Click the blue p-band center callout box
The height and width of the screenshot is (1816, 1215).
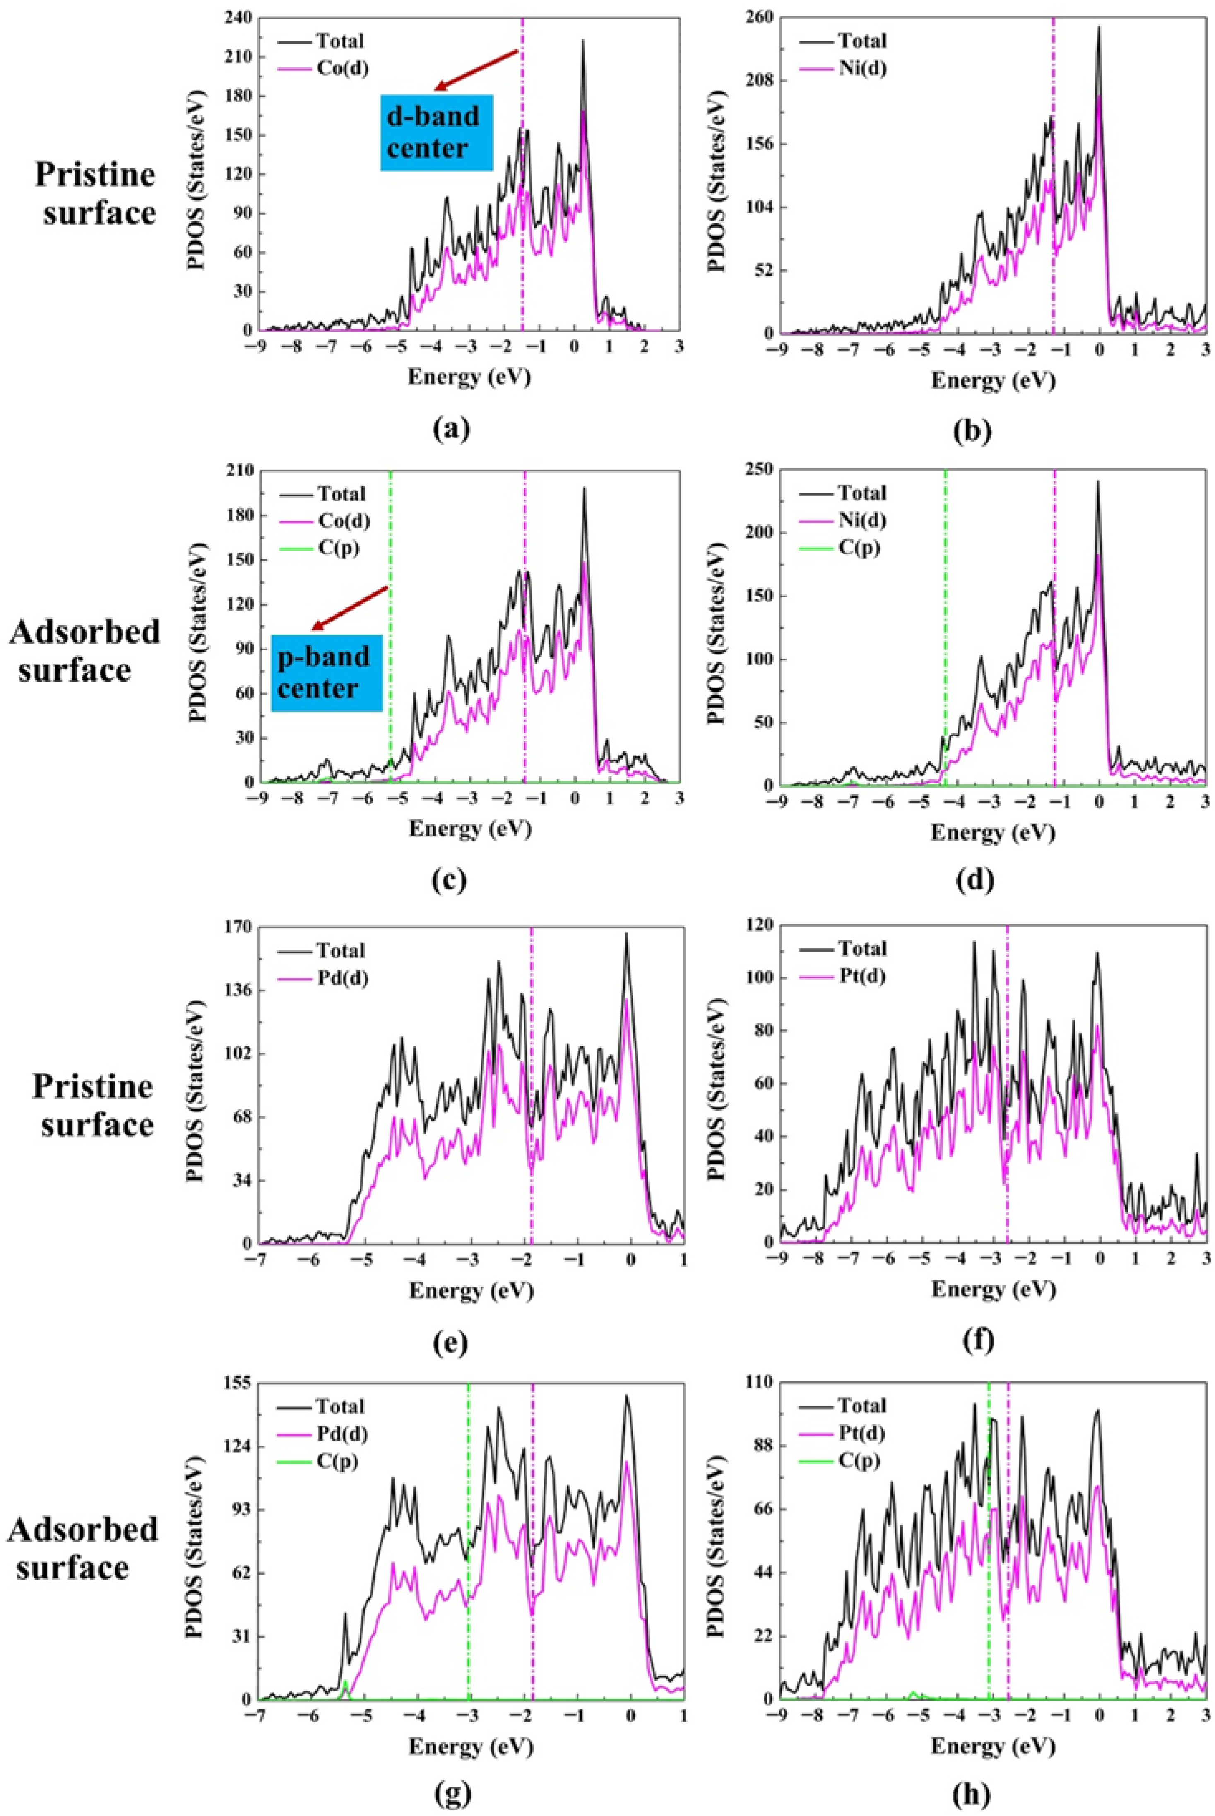[327, 673]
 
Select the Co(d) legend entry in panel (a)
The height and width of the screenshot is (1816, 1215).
[342, 68]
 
